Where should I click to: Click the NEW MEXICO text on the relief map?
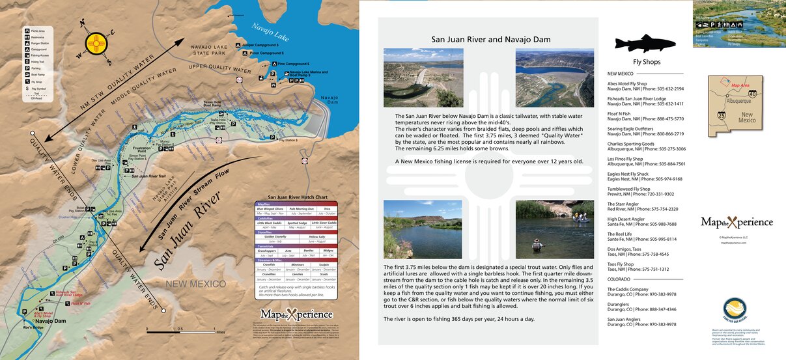(x=195, y=284)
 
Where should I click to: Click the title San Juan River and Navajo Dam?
(x=490, y=39)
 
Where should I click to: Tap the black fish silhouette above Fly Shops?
(x=645, y=43)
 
